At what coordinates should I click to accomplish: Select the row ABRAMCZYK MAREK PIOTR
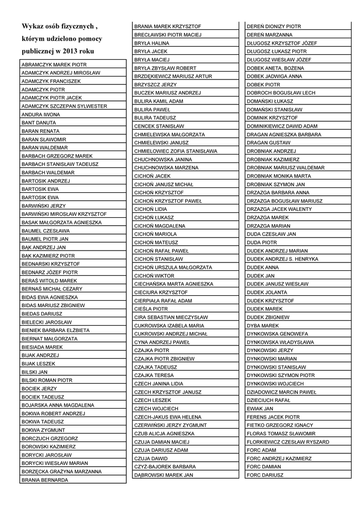pos(54,65)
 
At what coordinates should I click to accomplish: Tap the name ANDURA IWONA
pos(41,114)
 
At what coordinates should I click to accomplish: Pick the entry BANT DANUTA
pos(39,123)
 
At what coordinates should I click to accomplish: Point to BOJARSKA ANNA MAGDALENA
pos(58,405)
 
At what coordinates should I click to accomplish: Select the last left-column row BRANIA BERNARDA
pos(45,480)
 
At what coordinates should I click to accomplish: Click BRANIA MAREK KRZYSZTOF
pos(167,26)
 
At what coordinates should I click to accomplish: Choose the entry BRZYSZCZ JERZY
pos(156,85)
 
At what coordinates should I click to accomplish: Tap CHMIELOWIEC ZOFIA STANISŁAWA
pos(176,151)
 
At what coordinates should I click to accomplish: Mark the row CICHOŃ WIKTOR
pos(154,275)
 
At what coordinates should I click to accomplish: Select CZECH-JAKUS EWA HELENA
pos(168,417)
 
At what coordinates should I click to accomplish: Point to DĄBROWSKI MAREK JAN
pos(163,475)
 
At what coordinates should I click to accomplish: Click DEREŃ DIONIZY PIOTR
pos(273,26)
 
